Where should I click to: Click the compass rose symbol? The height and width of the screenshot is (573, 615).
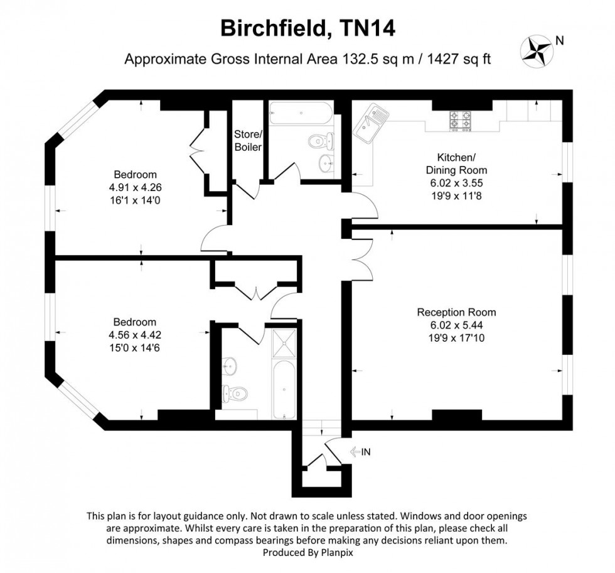(x=536, y=50)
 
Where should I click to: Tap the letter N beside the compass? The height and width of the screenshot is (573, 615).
(x=560, y=41)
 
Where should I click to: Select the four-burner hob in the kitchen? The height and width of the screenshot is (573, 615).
(x=460, y=121)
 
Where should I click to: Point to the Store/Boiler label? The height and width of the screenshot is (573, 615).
(x=247, y=140)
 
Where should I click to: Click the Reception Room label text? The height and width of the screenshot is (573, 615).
(x=456, y=312)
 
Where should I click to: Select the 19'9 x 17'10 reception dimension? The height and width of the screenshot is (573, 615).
(x=456, y=337)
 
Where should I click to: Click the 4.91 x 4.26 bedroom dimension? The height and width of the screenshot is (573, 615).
(x=135, y=187)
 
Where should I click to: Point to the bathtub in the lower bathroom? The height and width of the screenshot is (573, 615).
(x=284, y=390)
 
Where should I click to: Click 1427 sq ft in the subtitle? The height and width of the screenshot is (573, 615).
(x=458, y=60)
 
